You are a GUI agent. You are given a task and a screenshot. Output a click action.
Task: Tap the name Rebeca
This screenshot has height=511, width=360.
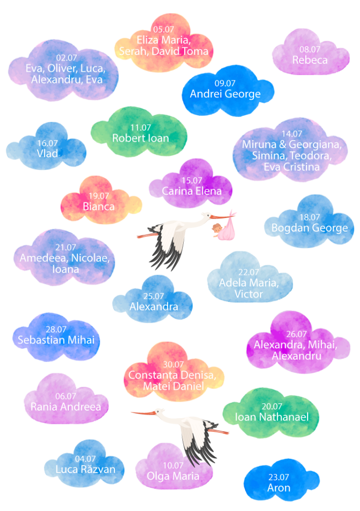coord(310,60)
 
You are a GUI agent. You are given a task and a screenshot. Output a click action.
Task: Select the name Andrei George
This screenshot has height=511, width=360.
coord(225,94)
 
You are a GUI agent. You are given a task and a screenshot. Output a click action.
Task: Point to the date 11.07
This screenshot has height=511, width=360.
coord(141,128)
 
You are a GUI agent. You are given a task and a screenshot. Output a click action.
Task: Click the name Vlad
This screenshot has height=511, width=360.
coord(47,153)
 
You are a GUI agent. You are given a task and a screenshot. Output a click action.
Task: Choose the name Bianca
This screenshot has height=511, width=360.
coord(99,207)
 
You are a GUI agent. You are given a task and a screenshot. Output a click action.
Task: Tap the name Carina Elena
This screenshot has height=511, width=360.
coord(192,191)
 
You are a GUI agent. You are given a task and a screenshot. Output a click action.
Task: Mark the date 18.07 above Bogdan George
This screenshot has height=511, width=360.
coord(310,218)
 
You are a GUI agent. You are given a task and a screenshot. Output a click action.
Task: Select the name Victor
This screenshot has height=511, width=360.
coord(249,294)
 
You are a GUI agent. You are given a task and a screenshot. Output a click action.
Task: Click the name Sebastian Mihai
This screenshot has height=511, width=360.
coord(56,340)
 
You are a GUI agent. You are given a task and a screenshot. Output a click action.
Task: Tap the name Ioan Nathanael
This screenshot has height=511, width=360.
coord(272,417)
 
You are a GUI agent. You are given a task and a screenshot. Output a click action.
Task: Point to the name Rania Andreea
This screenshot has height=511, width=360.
coord(66,407)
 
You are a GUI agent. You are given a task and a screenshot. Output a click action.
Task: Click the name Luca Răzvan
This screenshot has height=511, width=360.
coord(85,469)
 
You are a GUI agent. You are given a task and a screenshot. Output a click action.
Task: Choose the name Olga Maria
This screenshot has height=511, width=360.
coord(173,476)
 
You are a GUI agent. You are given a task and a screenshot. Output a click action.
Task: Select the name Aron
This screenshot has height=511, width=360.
coord(279,488)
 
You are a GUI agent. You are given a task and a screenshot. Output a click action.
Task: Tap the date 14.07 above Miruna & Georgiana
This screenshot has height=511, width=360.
coord(292,134)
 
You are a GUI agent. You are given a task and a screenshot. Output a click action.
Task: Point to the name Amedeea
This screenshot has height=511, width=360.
coord(43,258)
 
